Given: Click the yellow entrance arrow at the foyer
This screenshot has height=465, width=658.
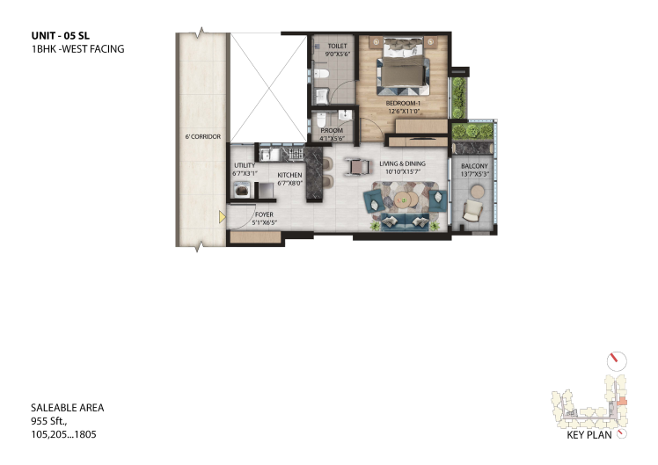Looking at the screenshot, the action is click(x=222, y=217).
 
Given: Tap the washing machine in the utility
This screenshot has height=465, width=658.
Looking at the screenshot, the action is click(x=242, y=190).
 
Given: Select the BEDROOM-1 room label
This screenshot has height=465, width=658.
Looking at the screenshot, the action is click(x=403, y=103).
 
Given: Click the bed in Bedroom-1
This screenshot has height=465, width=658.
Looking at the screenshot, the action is click(x=403, y=67).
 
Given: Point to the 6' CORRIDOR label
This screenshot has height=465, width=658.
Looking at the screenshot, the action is click(x=203, y=137).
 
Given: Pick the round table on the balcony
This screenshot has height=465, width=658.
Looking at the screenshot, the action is click(x=478, y=192).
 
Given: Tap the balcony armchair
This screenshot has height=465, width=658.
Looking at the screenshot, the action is click(x=473, y=210).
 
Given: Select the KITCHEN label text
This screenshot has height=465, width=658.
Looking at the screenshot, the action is click(x=289, y=175).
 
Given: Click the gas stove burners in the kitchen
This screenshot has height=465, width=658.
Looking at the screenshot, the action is click(x=296, y=154).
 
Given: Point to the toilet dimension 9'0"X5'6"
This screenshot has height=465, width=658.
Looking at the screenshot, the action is click(x=338, y=54).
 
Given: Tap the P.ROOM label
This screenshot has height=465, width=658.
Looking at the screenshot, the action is click(x=332, y=130).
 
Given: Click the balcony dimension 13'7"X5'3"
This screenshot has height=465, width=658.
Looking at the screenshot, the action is click(x=475, y=174).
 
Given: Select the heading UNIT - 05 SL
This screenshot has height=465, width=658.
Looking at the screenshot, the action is click(x=61, y=36).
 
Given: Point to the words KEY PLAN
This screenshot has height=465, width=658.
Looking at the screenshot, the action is click(x=589, y=435).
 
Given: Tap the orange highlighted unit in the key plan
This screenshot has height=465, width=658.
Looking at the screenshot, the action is click(x=623, y=401).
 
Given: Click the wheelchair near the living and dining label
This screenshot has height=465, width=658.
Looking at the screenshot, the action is click(x=357, y=166).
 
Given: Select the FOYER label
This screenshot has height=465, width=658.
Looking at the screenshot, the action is click(x=265, y=214).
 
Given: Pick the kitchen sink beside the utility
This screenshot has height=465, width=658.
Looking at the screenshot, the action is click(x=267, y=155).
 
